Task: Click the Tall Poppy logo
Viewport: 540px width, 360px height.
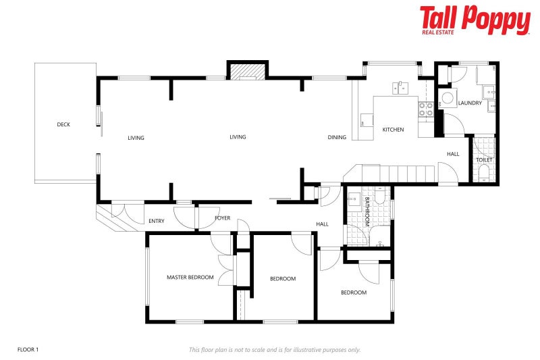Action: point(475,20)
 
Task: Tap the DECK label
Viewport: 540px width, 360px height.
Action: point(63,124)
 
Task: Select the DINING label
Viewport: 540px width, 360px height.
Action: point(337,137)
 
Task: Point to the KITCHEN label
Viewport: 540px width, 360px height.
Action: point(393,130)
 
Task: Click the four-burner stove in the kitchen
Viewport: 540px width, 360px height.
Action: point(426,109)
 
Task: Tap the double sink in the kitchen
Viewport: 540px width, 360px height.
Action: point(401,87)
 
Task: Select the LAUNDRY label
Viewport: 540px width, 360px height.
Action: point(469,103)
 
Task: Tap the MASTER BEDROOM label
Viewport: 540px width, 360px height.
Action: point(190,277)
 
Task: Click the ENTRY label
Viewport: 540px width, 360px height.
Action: point(156,221)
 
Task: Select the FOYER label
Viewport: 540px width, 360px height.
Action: point(223,218)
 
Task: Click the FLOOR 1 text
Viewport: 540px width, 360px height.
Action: point(28,349)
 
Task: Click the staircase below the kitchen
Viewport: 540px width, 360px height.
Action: point(391,174)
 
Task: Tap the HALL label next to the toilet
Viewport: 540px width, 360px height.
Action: point(453,154)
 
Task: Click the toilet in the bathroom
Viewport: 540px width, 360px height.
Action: point(380,195)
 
